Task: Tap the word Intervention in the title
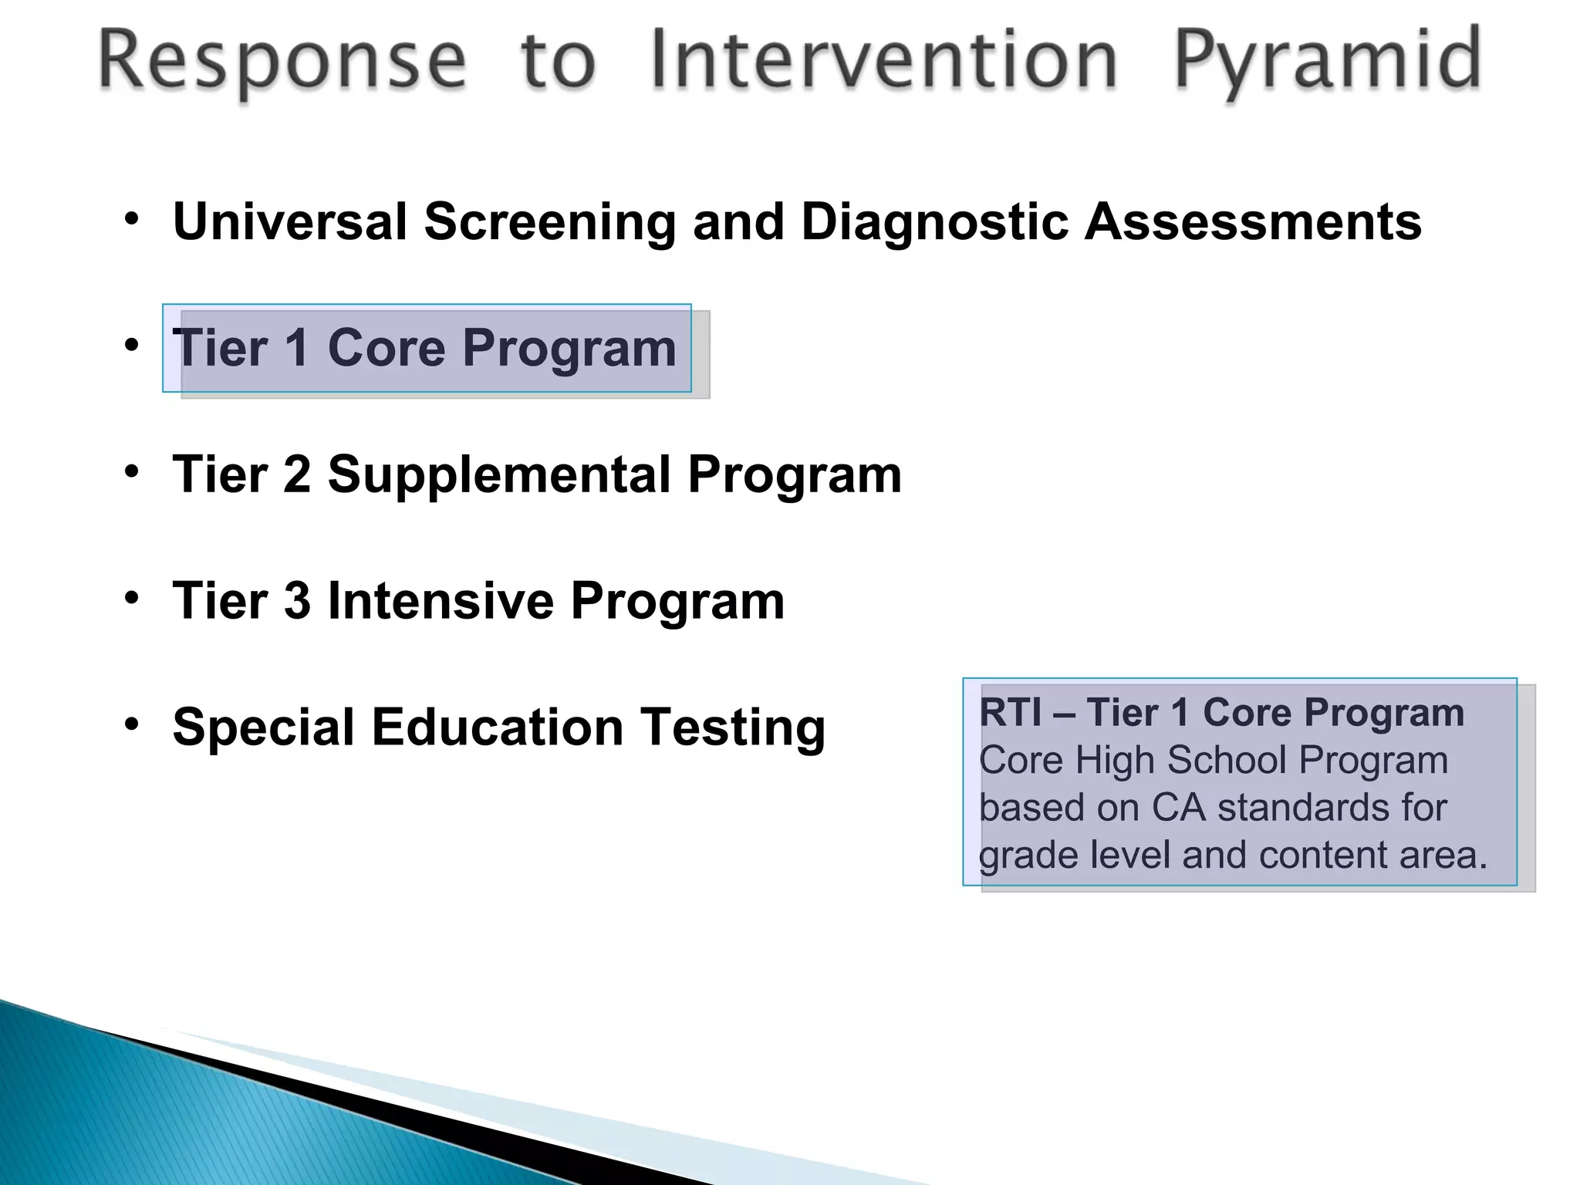(883, 60)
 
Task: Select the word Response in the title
(282, 62)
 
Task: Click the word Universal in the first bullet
(290, 222)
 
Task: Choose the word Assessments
(1253, 222)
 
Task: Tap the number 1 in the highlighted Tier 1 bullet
(297, 348)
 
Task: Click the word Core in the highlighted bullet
(387, 348)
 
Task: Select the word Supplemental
(499, 475)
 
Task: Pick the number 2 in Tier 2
(297, 474)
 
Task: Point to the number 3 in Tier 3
(297, 601)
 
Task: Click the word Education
(498, 728)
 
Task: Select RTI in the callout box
(1010, 712)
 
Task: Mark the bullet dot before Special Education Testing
(132, 724)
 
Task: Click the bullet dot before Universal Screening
(132, 219)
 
